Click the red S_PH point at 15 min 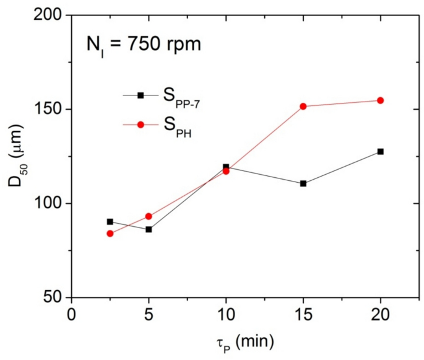coord(303,107)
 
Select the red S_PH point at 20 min coord(381,100)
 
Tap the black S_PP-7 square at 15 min coord(303,183)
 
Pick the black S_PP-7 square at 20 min coord(381,151)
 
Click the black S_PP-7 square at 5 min coord(149,229)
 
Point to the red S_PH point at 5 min coord(149,216)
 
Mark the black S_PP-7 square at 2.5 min coord(110,221)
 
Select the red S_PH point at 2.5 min coord(110,234)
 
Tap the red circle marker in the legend coord(141,125)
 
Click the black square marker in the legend coord(141,95)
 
